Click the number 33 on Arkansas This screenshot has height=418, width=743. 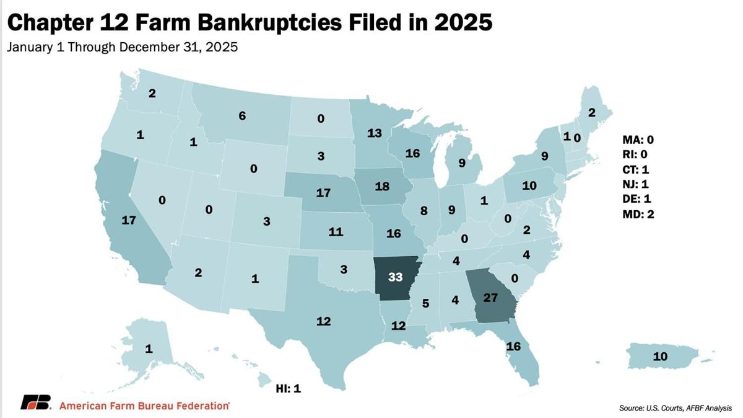point(395,277)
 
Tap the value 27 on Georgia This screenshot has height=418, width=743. point(490,297)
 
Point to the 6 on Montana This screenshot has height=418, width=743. point(242,115)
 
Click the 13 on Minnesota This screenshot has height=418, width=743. point(374,133)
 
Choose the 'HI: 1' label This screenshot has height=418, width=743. point(288,389)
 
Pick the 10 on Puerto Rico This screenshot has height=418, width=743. point(660,356)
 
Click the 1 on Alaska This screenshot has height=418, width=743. point(149,349)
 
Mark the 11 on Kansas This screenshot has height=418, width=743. point(336,232)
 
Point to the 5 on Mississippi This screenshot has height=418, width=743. point(426,303)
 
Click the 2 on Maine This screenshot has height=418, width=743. point(591,112)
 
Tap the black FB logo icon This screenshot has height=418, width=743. point(35,402)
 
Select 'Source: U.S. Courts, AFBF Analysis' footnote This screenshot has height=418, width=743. point(675,407)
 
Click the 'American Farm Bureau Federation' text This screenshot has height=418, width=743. point(144,406)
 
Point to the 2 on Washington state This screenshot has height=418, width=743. point(152,94)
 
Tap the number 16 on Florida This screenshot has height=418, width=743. point(513,346)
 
